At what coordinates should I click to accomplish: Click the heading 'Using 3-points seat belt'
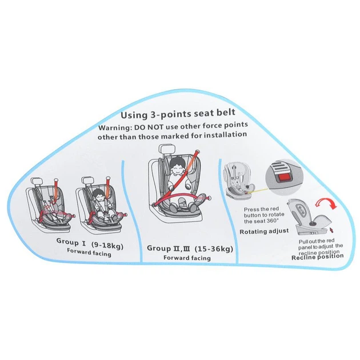tap(178, 113)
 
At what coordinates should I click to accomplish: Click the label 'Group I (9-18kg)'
tap(90, 244)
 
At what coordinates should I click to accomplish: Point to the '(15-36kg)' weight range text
tap(214, 249)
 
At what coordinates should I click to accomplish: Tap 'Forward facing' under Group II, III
tap(187, 258)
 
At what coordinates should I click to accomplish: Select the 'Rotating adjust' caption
tap(264, 231)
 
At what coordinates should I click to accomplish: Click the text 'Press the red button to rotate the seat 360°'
tap(264, 215)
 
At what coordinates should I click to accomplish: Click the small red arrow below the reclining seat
tap(331, 229)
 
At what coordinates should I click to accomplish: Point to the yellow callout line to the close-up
tap(257, 191)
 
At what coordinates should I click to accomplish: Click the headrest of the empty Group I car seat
tap(37, 182)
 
